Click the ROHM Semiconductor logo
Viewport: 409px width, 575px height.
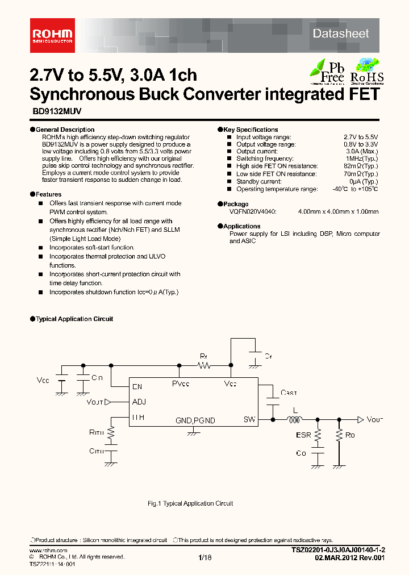tap(52, 34)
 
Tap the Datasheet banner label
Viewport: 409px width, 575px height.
tap(341, 34)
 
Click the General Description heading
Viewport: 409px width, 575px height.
tap(64, 130)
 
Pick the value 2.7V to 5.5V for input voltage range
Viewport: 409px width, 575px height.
tap(361, 137)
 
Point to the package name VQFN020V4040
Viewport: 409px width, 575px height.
tap(253, 211)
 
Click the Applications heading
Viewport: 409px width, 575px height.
tap(241, 226)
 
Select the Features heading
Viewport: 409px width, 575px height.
tap(48, 194)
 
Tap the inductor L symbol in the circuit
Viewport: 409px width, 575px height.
tap(295, 420)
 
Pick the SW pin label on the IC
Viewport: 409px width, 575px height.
tap(249, 420)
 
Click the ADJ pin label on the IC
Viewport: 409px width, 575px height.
tap(139, 402)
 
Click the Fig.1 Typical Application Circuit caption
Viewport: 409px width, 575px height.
tap(190, 503)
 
